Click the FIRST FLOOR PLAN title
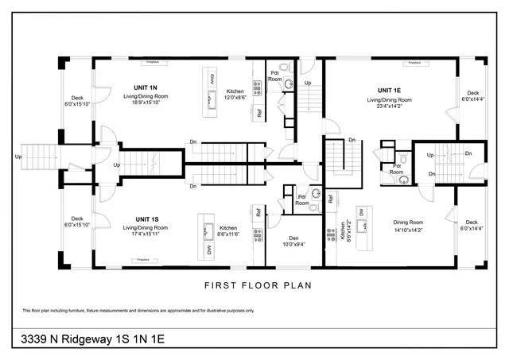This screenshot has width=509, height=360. [x=254, y=285]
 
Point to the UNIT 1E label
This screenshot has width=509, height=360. [x=389, y=91]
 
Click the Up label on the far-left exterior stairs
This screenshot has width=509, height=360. [x=18, y=157]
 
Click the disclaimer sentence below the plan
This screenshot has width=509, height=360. [x=143, y=310]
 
